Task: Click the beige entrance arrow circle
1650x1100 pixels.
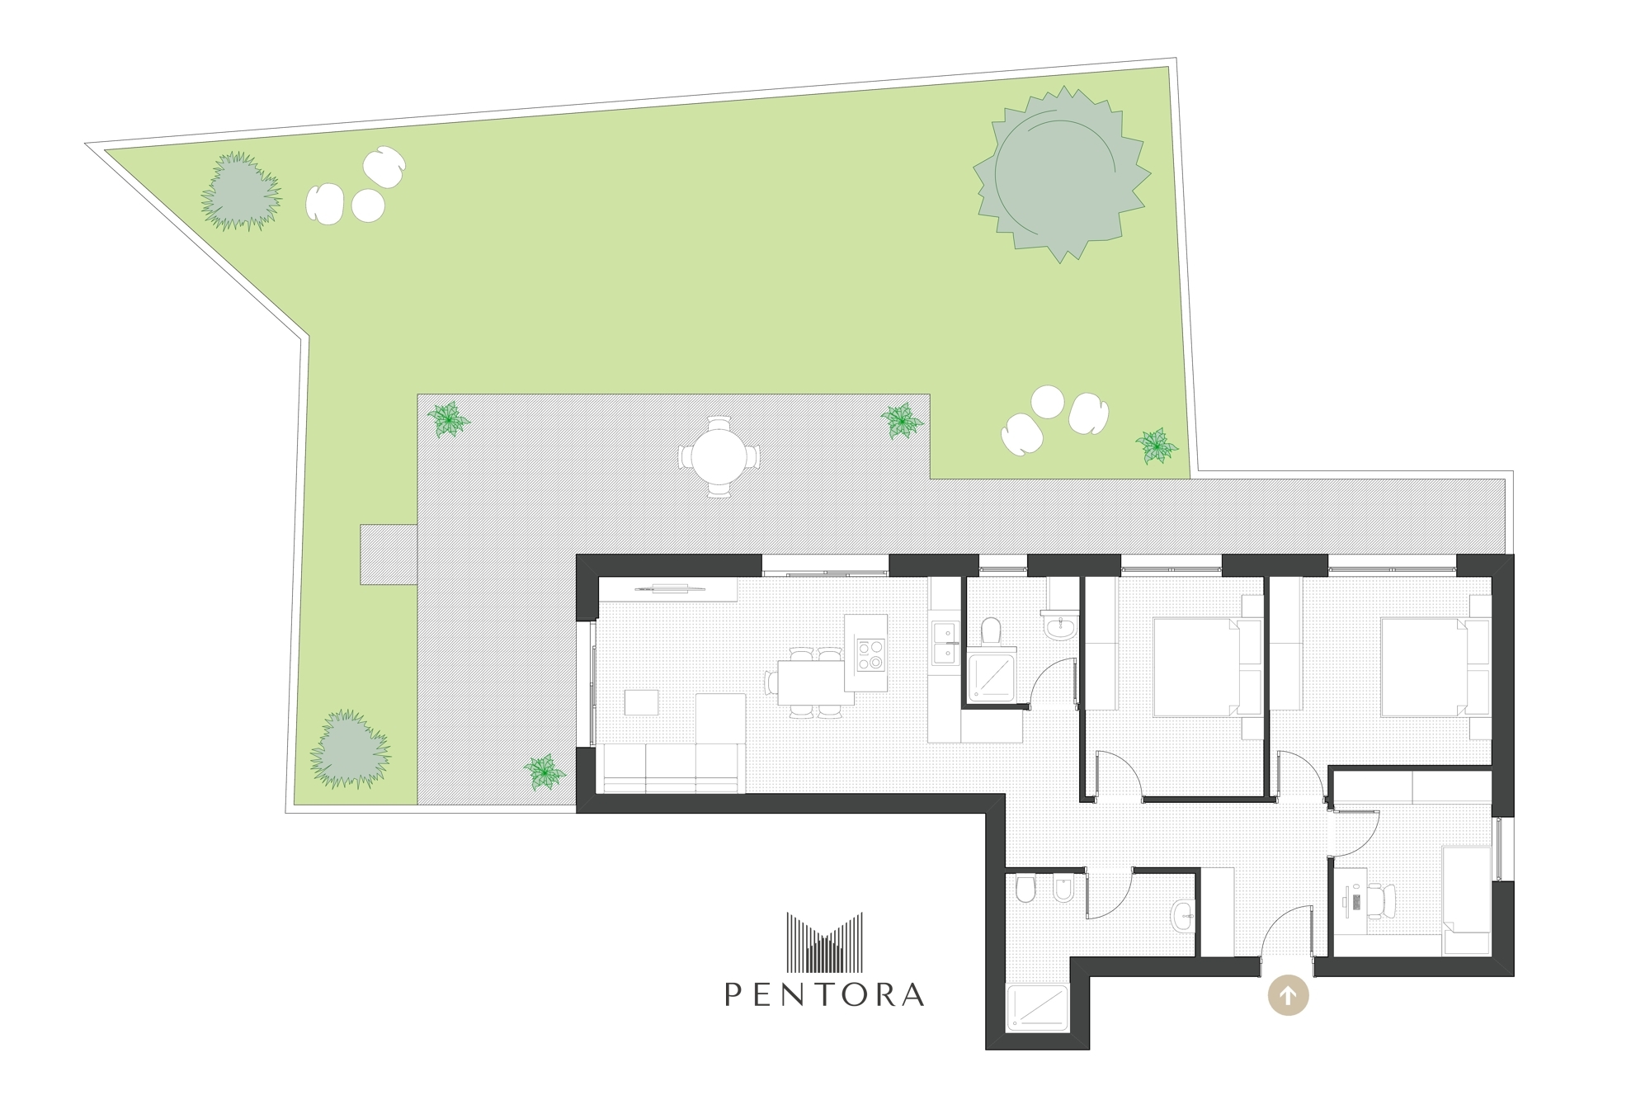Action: pos(1288,995)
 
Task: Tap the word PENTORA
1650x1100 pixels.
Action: pos(824,994)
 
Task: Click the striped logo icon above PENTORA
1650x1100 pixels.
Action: pos(825,942)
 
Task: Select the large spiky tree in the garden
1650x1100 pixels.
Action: pos(1062,174)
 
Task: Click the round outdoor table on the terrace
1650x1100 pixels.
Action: pos(719,456)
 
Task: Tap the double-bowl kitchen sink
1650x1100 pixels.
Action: pos(945,644)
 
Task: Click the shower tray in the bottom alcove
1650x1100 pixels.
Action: pos(1038,1008)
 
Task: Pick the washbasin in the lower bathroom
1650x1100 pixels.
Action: pos(1183,912)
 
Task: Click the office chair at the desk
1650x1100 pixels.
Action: pos(1380,899)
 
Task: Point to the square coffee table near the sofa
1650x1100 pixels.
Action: pos(641,702)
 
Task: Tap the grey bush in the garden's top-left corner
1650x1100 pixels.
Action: pos(241,191)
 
